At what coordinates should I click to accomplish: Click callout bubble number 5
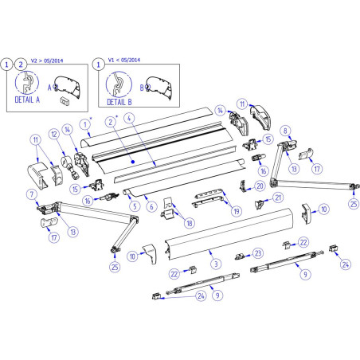[135, 205]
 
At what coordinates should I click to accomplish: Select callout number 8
[284, 131]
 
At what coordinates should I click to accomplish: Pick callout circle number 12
[53, 135]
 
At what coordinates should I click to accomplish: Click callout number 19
[235, 211]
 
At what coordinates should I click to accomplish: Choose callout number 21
[278, 198]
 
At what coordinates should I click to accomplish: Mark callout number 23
[256, 252]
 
